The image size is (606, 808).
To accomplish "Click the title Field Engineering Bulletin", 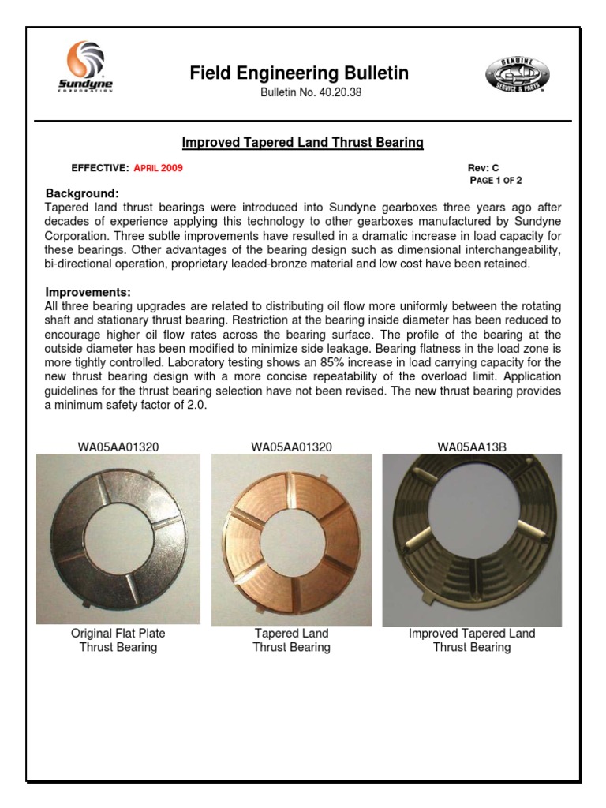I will (299, 73).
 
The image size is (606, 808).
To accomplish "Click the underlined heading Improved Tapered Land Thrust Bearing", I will (303, 143).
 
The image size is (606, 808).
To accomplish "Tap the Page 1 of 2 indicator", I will (496, 180).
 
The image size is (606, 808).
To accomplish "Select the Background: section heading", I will (82, 193).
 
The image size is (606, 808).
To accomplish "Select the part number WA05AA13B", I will (472, 447).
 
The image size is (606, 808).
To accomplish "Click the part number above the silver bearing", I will (118, 447).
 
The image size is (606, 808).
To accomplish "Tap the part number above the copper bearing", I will (291, 447).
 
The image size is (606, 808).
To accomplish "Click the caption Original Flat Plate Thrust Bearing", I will (118, 640).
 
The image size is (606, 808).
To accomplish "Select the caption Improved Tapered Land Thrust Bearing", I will (472, 640).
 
